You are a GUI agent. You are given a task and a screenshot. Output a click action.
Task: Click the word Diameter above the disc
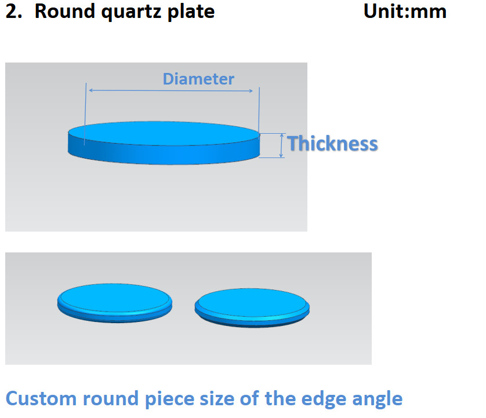198,79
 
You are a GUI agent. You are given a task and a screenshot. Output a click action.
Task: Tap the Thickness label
332,144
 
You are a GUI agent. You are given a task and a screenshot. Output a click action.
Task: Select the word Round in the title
64,12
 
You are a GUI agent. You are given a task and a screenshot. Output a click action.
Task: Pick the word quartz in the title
132,13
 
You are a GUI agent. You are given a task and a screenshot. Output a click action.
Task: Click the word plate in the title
191,12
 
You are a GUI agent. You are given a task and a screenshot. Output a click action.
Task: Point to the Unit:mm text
405,12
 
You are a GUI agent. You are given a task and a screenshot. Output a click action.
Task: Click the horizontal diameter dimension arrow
171,91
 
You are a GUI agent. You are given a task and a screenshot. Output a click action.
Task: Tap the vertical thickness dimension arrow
281,145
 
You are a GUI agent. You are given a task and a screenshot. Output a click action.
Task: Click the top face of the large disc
164,133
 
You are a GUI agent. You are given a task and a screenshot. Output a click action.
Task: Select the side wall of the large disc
164,154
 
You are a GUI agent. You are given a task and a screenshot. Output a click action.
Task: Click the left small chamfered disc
115,303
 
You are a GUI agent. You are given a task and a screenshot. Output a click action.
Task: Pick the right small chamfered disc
252,308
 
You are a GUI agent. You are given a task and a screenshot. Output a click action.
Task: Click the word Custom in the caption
41,398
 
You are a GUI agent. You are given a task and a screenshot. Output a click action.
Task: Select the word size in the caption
216,398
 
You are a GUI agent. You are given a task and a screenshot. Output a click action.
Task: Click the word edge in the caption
323,399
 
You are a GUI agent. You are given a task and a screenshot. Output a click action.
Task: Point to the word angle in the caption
377,399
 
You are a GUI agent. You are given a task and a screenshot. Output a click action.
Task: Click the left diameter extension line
85,114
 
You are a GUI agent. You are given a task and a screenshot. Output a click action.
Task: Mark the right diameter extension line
259,113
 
